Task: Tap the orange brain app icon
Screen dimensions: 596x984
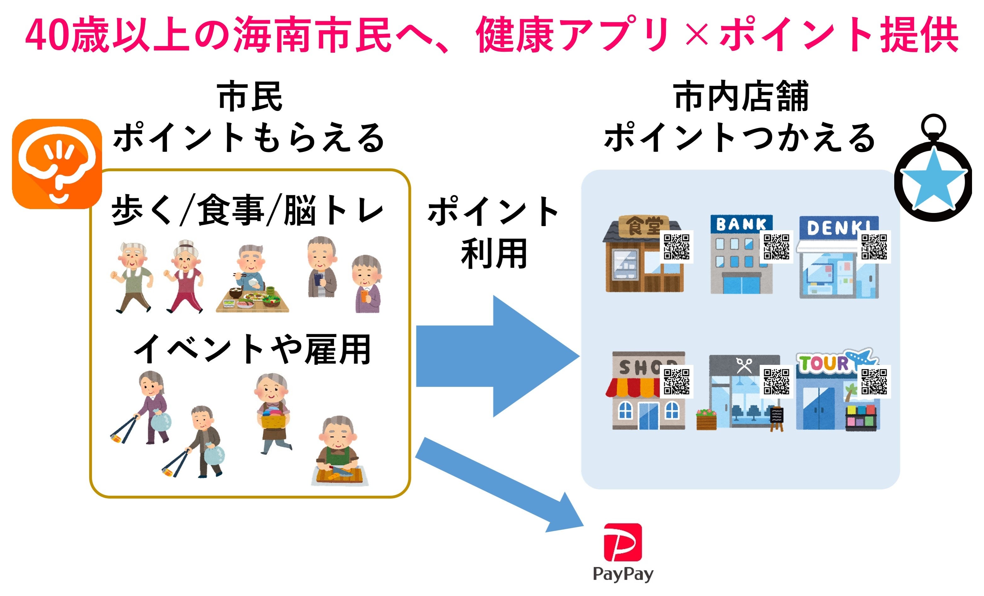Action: pos(57,164)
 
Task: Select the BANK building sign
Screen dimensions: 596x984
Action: pos(741,224)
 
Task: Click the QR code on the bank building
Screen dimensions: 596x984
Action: pos(776,247)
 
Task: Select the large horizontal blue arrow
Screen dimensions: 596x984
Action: pos(495,356)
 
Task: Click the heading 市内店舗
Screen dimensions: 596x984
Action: pos(741,97)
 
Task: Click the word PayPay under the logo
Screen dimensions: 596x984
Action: pos(623,574)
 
